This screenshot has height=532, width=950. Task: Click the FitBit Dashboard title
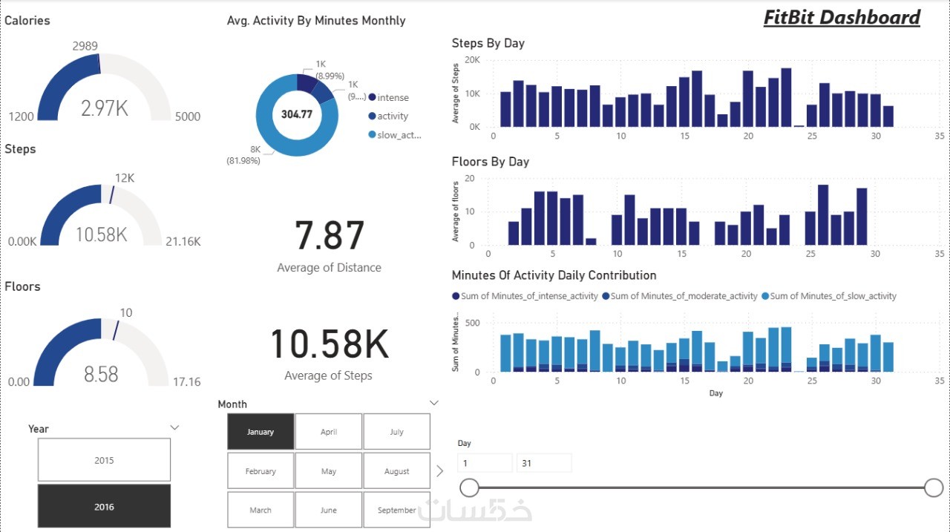pyautogui.click(x=842, y=18)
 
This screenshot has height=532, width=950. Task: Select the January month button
pyautogui.click(x=261, y=431)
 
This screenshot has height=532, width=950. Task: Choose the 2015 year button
pyautogui.click(x=104, y=460)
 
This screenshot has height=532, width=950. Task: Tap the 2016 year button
pyautogui.click(x=104, y=506)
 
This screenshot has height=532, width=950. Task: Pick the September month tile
pyautogui.click(x=396, y=510)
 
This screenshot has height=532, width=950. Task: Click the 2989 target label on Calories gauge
pyautogui.click(x=85, y=46)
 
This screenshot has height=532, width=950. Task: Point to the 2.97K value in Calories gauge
pyautogui.click(x=105, y=108)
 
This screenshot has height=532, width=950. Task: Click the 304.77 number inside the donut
pyautogui.click(x=297, y=114)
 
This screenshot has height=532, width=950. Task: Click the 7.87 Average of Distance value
pyautogui.click(x=329, y=235)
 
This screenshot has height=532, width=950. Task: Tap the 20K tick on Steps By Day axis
pyautogui.click(x=472, y=60)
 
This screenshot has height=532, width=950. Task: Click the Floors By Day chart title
pyautogui.click(x=490, y=162)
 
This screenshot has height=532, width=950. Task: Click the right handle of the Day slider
pyautogui.click(x=934, y=487)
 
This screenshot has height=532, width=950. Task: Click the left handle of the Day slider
pyautogui.click(x=469, y=487)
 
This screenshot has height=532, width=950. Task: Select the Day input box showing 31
pyautogui.click(x=544, y=463)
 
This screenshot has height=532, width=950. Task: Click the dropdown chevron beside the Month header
pyautogui.click(x=435, y=403)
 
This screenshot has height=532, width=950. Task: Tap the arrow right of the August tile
pyautogui.click(x=439, y=470)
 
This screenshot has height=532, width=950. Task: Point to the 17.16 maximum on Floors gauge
pyautogui.click(x=187, y=381)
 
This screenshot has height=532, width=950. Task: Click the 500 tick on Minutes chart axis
pyautogui.click(x=472, y=323)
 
